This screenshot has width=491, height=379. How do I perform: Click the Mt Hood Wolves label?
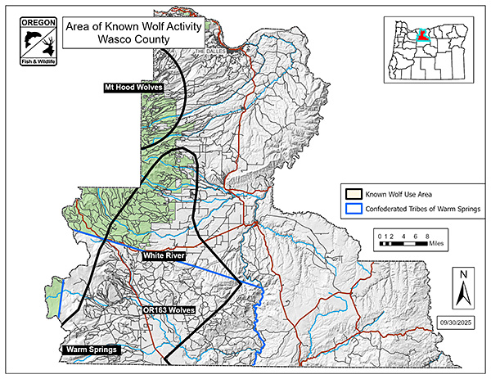(x=133, y=87)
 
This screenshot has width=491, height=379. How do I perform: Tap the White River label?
(x=164, y=256)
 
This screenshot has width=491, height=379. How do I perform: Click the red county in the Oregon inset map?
(x=423, y=34)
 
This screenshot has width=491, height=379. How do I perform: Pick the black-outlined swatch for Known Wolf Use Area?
(x=354, y=194)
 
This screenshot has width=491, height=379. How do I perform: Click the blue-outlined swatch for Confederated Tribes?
(x=354, y=208)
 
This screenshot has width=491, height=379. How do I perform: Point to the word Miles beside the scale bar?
(x=443, y=243)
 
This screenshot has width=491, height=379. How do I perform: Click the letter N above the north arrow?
(x=463, y=274)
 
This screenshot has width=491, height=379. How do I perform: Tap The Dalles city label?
(x=209, y=51)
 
